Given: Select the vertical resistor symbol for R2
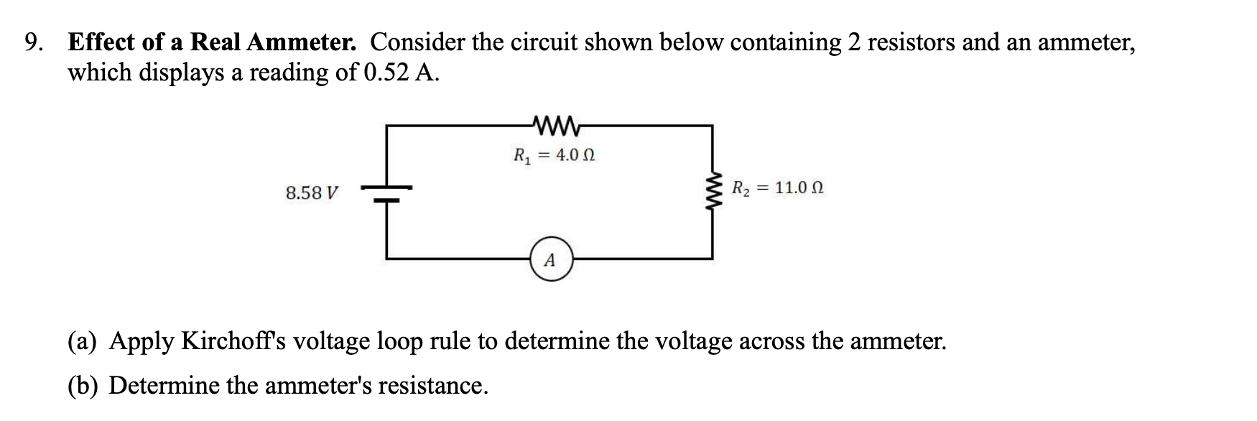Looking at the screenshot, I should (713, 191).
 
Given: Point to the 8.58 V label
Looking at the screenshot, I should (312, 193).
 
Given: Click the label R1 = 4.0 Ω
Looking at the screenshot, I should (554, 155).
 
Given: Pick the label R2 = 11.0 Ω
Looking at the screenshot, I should (777, 189).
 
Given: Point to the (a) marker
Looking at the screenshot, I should (83, 341).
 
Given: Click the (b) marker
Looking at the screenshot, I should (83, 386).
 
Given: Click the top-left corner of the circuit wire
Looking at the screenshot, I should (388, 126).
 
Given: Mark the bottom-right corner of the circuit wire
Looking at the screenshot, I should (713, 257).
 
